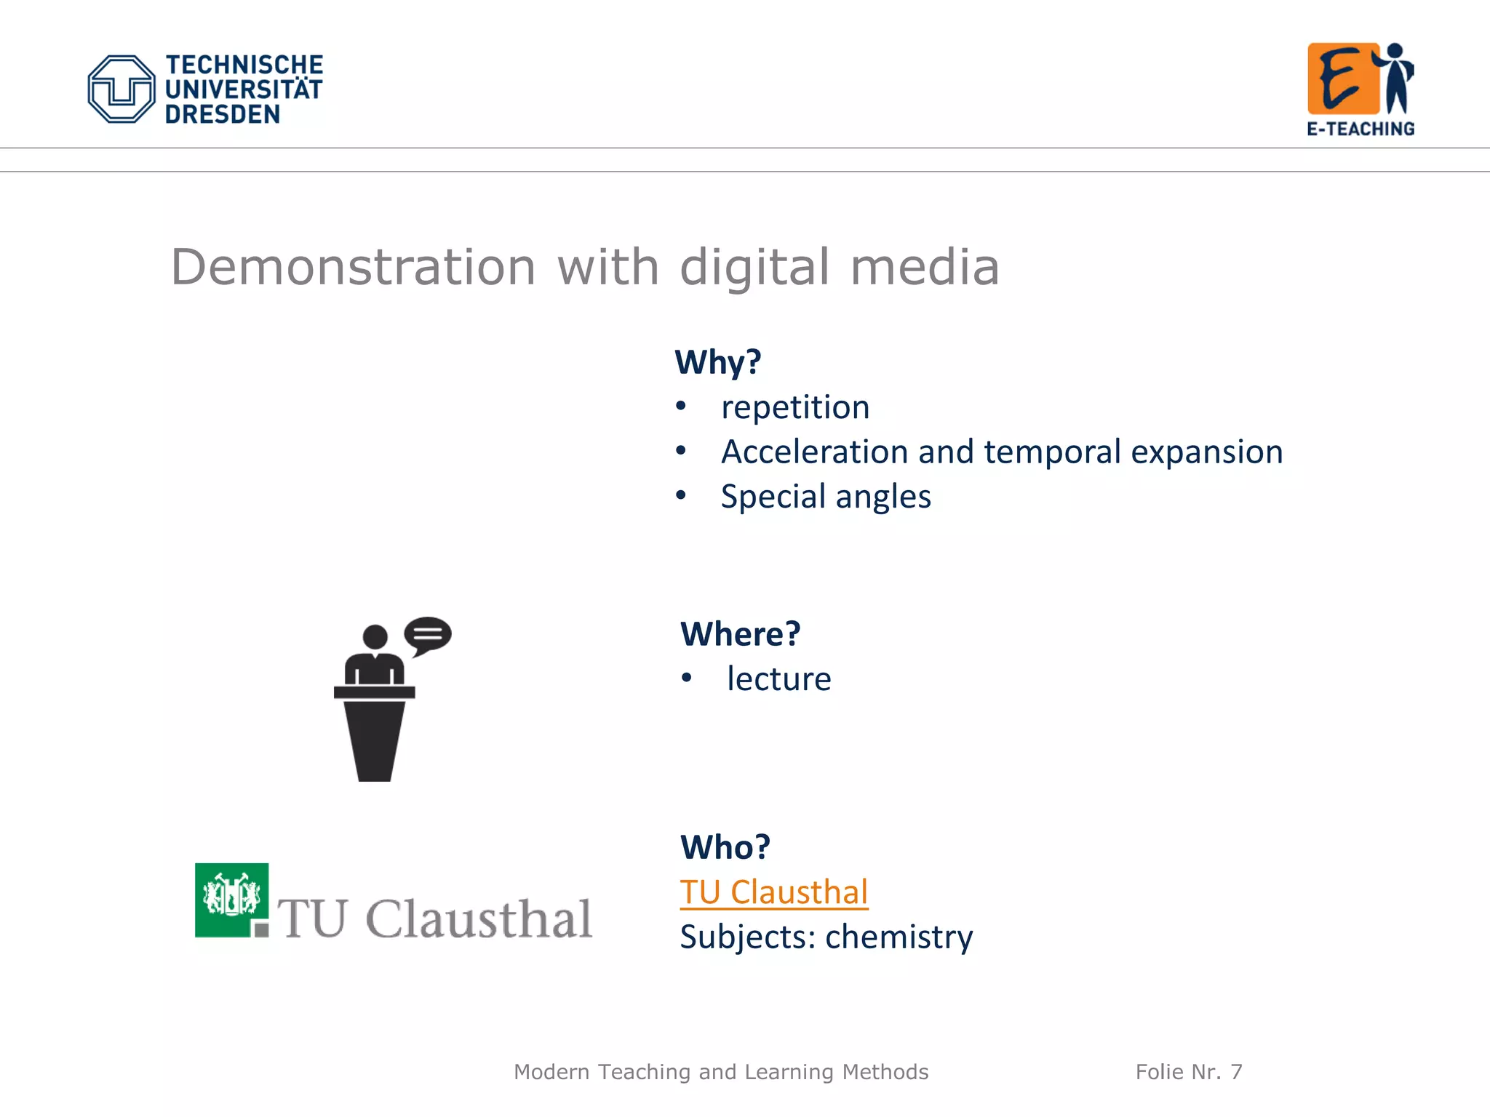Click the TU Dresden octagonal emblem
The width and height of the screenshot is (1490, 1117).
tap(121, 89)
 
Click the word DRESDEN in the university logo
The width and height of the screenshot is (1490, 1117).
tap(222, 114)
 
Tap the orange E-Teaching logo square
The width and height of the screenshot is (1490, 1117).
tap(1342, 79)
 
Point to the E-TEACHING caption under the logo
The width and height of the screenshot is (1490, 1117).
tap(1360, 129)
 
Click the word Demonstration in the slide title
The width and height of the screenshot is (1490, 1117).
tap(353, 267)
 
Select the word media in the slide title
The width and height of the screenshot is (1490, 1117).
tap(925, 267)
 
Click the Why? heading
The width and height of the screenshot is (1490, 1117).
tap(717, 361)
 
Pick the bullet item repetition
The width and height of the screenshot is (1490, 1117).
tap(794, 407)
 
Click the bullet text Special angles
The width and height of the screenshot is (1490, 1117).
tap(825, 497)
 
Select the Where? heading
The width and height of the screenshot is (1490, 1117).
tap(740, 633)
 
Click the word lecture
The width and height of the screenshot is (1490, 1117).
tap(778, 678)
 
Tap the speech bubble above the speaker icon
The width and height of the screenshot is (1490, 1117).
tap(428, 634)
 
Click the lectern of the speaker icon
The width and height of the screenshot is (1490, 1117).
tap(375, 734)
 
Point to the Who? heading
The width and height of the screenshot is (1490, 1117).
tap(725, 846)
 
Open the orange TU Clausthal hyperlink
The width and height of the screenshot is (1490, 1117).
tap(773, 892)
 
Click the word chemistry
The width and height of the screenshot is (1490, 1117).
tap(899, 937)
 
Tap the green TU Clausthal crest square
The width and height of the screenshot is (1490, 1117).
tap(231, 899)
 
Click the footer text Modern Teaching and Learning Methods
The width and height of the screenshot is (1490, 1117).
tap(720, 1072)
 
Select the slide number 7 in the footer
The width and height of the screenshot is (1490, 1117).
tap(1236, 1072)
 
